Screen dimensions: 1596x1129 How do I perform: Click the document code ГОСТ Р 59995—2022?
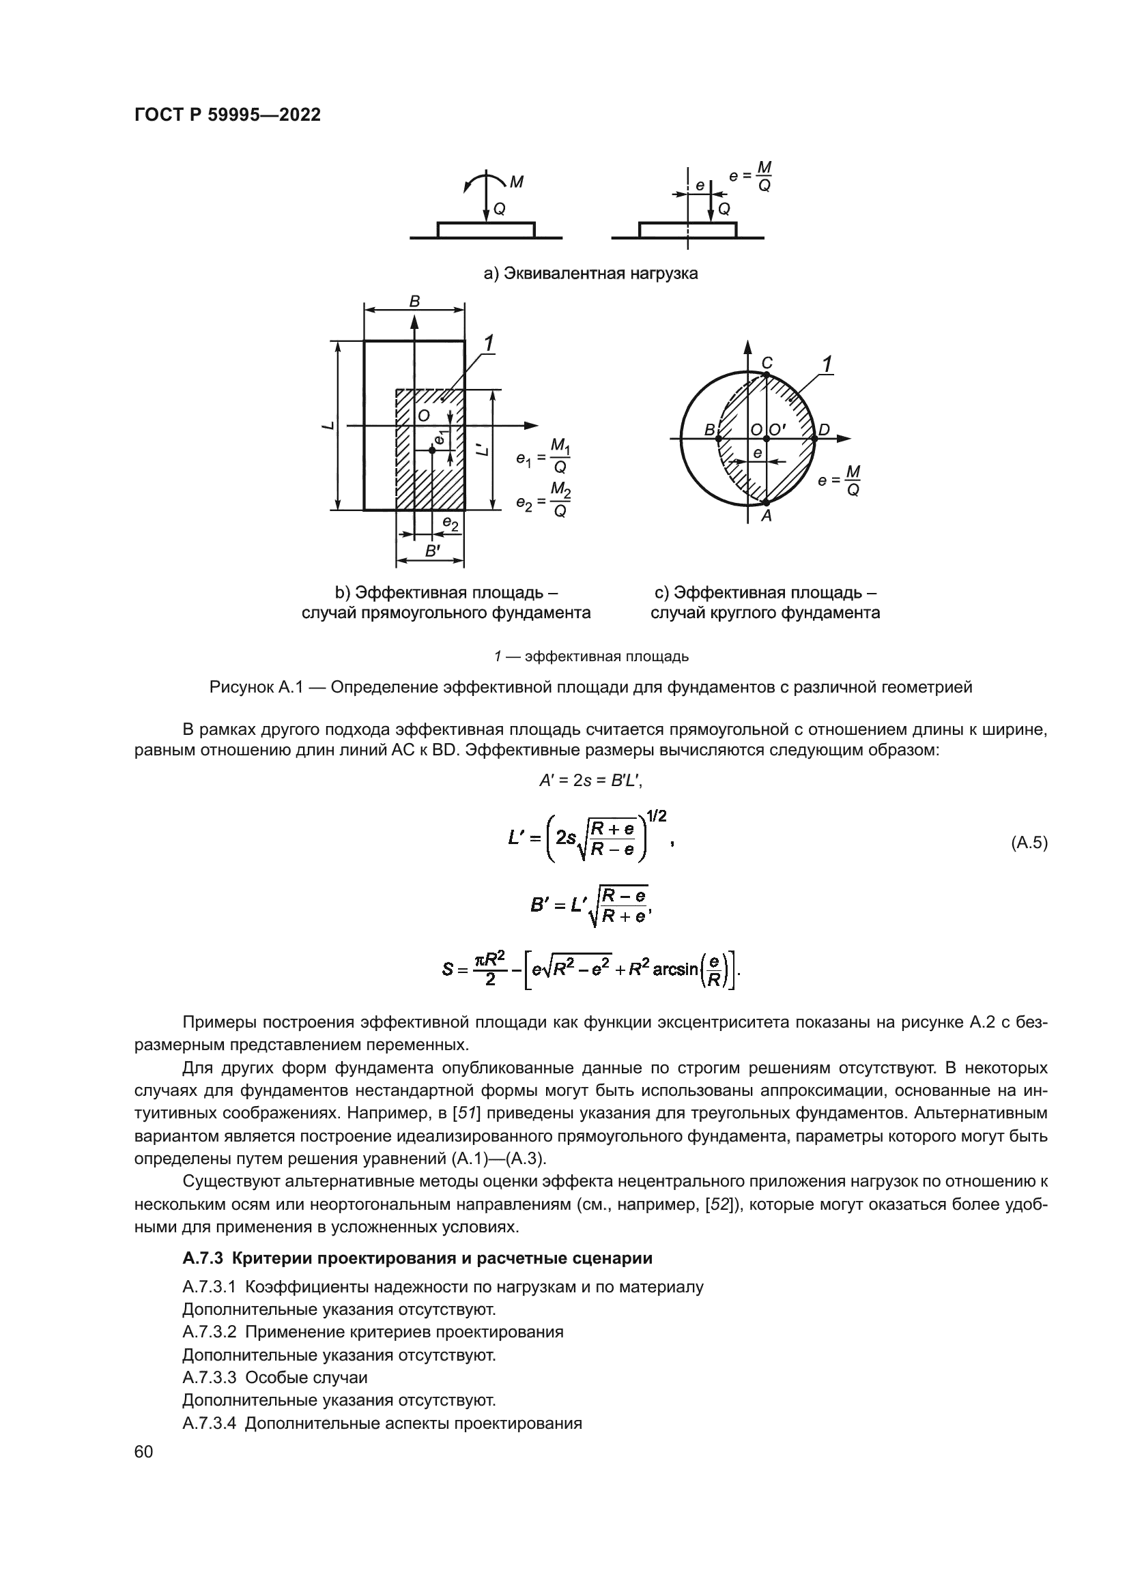[227, 115]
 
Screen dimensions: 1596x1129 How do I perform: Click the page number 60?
[144, 1451]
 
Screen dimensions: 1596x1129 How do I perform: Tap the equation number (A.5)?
[1028, 843]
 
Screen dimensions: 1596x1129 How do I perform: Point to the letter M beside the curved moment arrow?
[517, 182]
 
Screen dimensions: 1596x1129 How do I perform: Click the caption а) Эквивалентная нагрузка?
[590, 273]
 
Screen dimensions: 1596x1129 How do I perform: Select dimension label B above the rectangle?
[414, 302]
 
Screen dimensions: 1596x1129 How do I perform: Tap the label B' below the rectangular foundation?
[431, 551]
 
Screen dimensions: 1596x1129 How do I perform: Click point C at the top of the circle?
[767, 363]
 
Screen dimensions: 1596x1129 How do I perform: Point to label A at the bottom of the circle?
[766, 516]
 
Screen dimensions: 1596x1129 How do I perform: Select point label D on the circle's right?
[824, 430]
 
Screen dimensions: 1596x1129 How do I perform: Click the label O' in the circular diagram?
[777, 430]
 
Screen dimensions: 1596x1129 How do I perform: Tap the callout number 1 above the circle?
[827, 364]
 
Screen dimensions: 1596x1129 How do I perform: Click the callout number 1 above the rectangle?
[489, 343]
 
